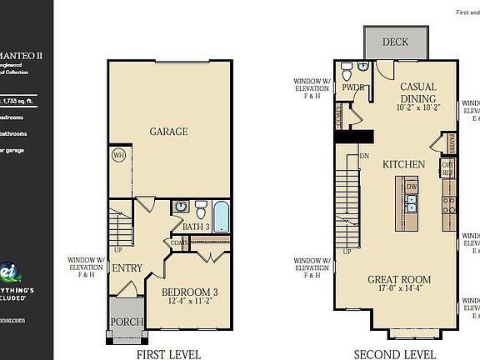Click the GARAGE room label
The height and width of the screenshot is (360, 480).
(167, 132)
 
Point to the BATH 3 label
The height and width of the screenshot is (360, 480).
(196, 226)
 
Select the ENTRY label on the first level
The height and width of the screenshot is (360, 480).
(127, 268)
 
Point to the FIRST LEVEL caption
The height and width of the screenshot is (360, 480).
(168, 354)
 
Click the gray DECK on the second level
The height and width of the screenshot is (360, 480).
(396, 42)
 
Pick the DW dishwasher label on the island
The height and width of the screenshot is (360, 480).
(412, 187)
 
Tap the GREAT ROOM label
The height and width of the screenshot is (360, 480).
(399, 279)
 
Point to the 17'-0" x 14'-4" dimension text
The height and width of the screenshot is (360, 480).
(399, 290)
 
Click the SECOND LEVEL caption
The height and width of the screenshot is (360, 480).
(394, 354)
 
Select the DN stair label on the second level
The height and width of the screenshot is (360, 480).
(363, 156)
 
